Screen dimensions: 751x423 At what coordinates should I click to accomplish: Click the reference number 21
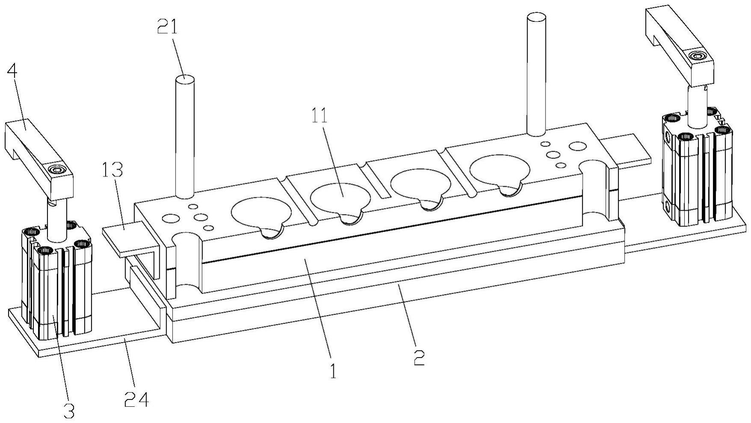pyautogui.click(x=167, y=28)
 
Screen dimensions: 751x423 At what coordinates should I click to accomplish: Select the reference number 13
pyautogui.click(x=112, y=170)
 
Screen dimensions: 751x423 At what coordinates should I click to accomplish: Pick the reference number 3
pyautogui.click(x=69, y=411)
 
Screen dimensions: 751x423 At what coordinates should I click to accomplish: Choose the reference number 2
pyautogui.click(x=419, y=357)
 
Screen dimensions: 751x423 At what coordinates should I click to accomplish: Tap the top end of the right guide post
pyautogui.click(x=537, y=17)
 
